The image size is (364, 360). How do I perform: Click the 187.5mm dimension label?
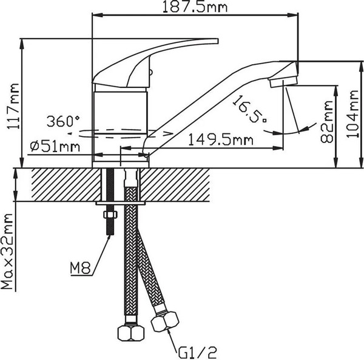coord(195,7)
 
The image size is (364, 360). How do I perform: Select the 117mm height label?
coord(13,107)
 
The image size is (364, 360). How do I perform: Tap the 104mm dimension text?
coord(352,114)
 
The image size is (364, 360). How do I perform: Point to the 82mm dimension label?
coord(327,122)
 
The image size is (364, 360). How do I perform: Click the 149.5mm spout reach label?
coord(221,140)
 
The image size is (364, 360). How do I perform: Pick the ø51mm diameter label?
coord(55,147)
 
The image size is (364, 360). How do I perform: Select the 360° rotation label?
coord(63,121)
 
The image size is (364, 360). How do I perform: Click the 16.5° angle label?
coord(250,108)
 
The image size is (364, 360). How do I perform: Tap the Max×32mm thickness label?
coord(7,252)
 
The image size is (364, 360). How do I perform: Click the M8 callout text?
coord(80,268)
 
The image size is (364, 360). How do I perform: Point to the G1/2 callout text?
coord(198,353)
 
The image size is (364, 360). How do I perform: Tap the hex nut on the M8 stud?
coord(110,215)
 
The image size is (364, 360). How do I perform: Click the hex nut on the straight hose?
coord(131,333)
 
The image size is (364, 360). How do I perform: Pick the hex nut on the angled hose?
coord(165,321)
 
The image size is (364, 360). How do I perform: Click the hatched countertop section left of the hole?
coord(66,185)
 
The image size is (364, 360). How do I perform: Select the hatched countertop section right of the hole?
coord(175,185)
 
